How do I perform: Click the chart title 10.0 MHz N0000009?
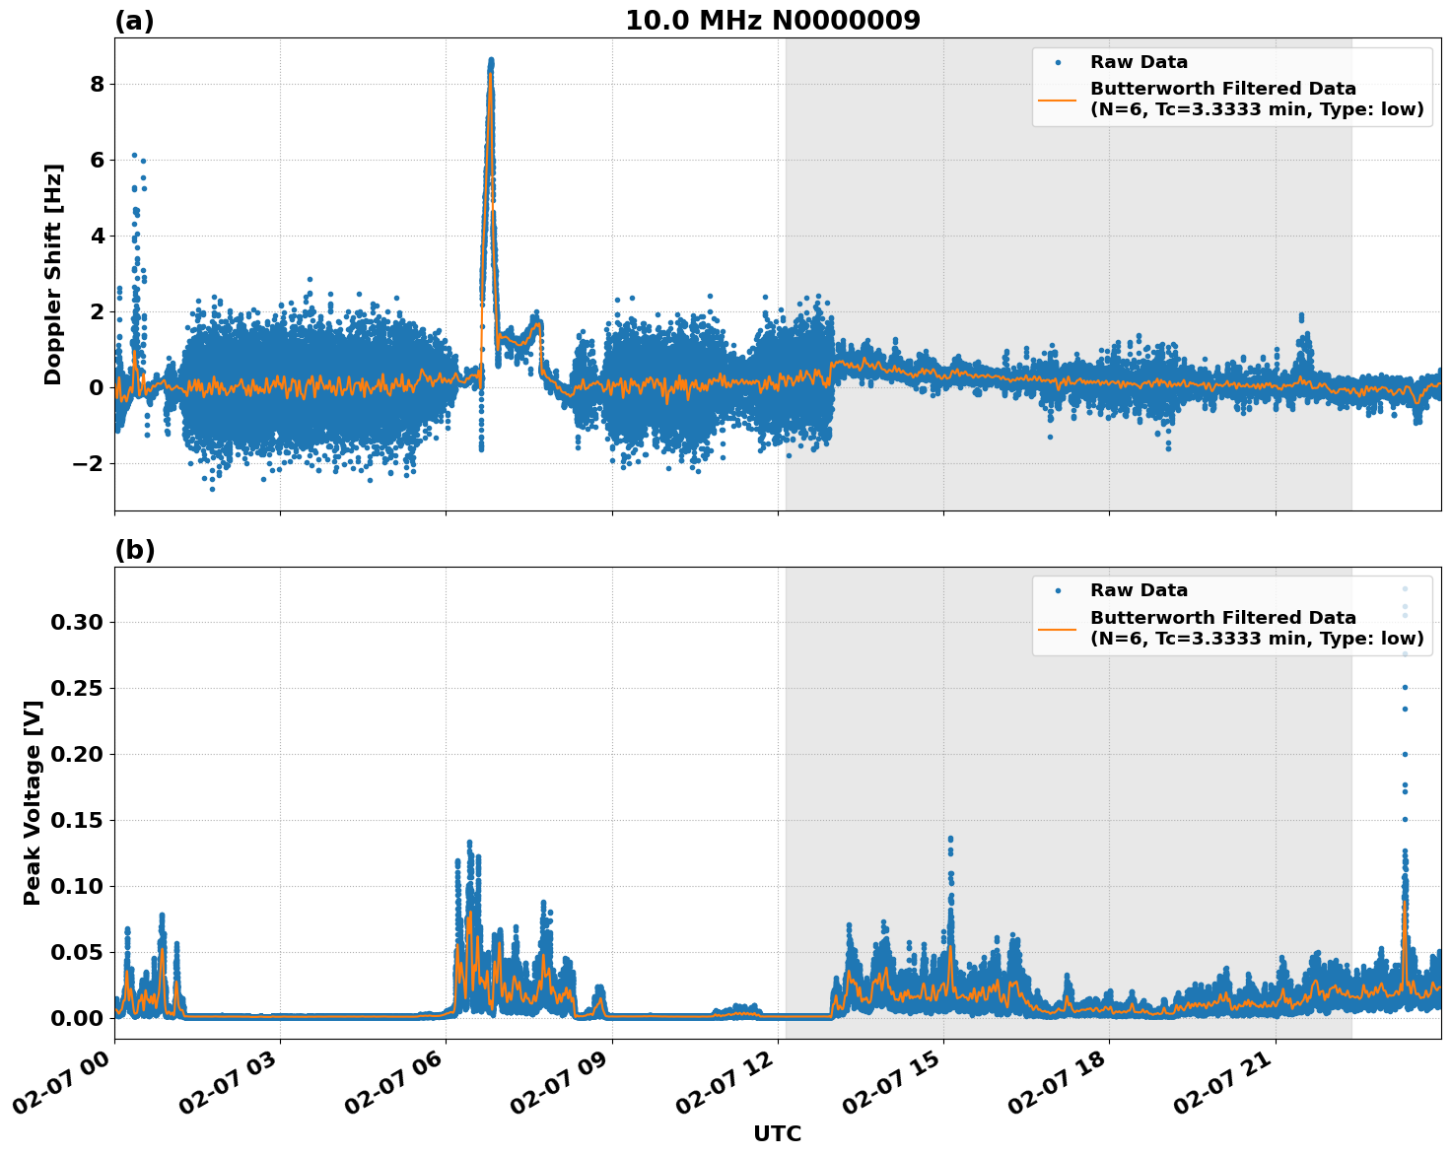click(x=773, y=21)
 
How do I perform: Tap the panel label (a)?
click(x=134, y=21)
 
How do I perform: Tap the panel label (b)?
click(x=134, y=550)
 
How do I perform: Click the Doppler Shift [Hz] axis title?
click(x=53, y=274)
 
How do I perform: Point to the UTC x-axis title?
click(x=777, y=1133)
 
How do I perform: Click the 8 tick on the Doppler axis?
click(x=97, y=84)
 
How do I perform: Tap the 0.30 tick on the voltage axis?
click(x=77, y=622)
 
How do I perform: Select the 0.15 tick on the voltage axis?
click(x=77, y=820)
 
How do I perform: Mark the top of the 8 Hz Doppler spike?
click(x=491, y=61)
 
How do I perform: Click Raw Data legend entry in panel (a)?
click(x=1139, y=62)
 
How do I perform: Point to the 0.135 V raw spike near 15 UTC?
click(x=950, y=840)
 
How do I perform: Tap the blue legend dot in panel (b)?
click(x=1058, y=590)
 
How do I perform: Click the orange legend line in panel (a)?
click(x=1058, y=99)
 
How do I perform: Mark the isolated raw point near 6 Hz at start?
click(x=134, y=156)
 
